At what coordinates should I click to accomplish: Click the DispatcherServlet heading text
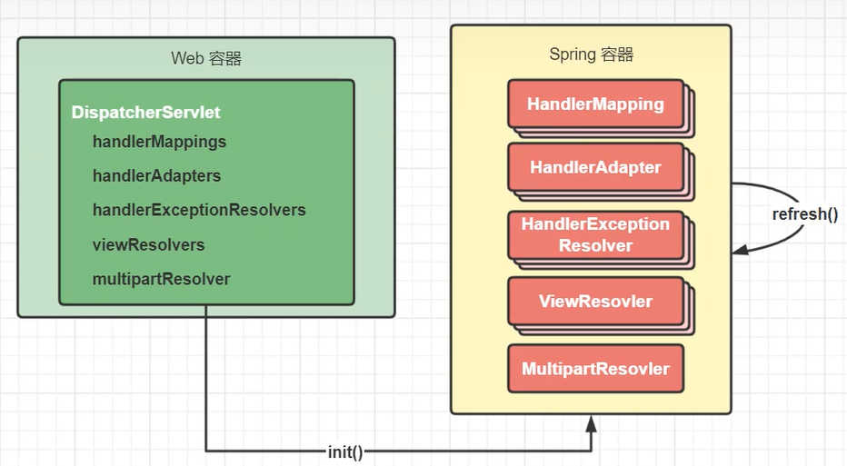coord(145,113)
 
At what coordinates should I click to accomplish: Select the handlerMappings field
coord(159,142)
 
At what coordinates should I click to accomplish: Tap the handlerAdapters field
coord(156,175)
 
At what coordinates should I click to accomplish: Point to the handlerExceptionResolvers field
coord(199,210)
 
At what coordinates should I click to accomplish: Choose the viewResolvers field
coord(148,244)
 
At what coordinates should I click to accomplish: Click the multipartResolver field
coord(161,279)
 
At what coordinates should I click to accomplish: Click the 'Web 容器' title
coord(206,58)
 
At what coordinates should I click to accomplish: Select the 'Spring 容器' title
coord(591,55)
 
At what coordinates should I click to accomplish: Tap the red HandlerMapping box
coord(596,104)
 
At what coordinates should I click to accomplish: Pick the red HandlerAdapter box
coord(596,167)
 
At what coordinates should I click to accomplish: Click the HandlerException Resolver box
coord(596,235)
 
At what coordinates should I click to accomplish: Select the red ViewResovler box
coord(596,302)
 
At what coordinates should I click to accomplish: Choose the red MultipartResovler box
coord(596,369)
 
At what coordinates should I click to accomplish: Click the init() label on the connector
coord(345,452)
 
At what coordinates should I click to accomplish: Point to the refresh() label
coord(805,214)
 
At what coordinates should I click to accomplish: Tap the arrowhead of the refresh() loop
coord(740,250)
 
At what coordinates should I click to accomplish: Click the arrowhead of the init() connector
coord(592,423)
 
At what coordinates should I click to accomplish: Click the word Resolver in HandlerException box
coord(595,245)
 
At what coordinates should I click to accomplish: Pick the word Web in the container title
coord(187,58)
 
